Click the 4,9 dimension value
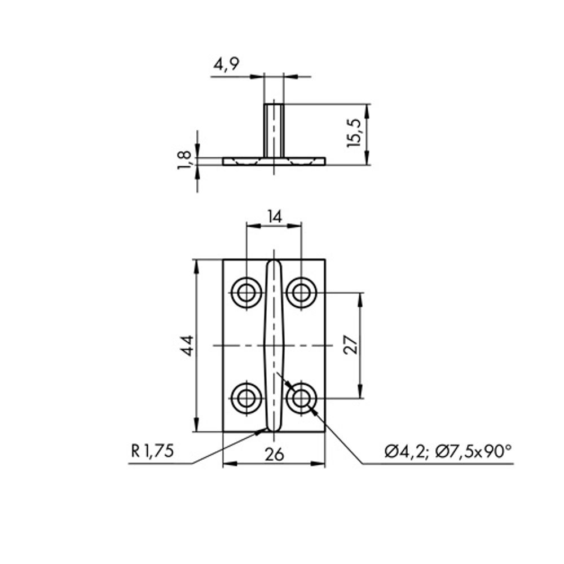pos(226,65)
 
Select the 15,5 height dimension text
pos(354,133)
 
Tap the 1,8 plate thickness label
pos(184,160)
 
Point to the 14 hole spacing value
pos(275,217)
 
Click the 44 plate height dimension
pos(188,346)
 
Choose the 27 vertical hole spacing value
pos(351,345)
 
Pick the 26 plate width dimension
pos(274,455)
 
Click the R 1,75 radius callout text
pos(152,451)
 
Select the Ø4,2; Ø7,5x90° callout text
pos(448,451)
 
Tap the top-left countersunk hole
pos(247,293)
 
